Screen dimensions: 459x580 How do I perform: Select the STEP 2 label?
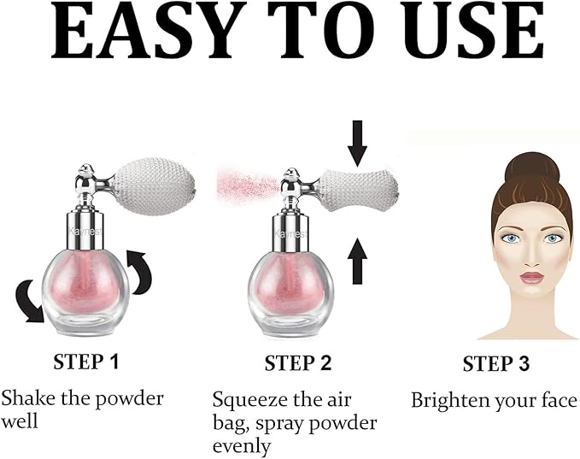point(298,362)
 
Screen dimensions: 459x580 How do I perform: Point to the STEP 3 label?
point(495,363)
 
